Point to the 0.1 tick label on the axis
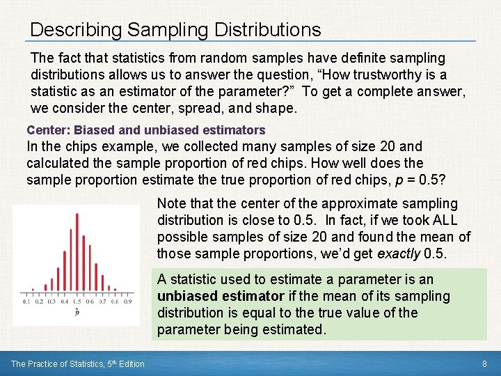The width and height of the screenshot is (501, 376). (26, 301)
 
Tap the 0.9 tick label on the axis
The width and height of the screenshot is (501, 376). (127, 301)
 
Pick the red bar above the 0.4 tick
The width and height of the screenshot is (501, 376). (64, 265)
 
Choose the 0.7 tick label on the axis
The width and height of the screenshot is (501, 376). (102, 301)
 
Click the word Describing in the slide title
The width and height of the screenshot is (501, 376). (72, 30)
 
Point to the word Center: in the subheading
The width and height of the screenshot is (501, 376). (49, 130)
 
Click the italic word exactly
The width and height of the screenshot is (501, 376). (398, 254)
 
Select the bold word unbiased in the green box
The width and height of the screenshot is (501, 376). (186, 296)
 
